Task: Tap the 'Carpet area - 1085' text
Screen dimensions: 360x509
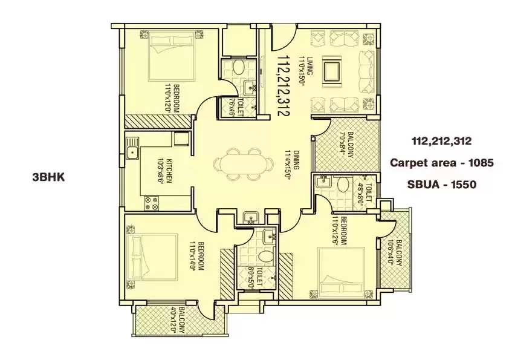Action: click(x=441, y=162)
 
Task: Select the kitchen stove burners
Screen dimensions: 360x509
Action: click(x=152, y=203)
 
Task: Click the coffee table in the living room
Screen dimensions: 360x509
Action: click(x=331, y=71)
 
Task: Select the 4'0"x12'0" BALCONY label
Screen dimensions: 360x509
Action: click(x=178, y=320)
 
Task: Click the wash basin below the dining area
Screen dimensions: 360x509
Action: click(x=249, y=218)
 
